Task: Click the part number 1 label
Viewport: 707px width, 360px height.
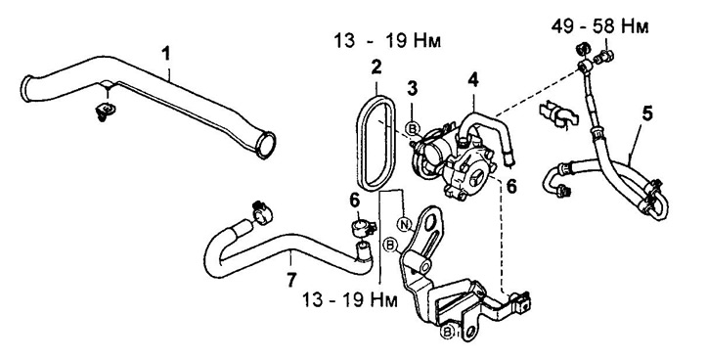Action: click(167, 54)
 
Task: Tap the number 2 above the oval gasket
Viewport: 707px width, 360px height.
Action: click(376, 67)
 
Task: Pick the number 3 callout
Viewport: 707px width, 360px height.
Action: click(412, 89)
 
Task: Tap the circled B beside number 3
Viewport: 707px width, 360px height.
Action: click(412, 129)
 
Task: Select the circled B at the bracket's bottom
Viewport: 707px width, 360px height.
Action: click(447, 332)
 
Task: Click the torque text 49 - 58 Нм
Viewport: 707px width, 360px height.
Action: click(599, 27)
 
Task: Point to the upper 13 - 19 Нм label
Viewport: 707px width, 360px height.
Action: click(387, 41)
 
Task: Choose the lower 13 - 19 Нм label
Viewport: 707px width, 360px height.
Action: click(350, 300)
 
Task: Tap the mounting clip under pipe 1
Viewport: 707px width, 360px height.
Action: click(106, 112)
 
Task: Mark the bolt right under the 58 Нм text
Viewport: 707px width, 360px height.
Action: click(605, 57)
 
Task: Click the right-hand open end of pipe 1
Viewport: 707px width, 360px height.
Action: click(266, 145)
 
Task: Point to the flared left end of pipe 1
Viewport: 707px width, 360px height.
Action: click(26, 89)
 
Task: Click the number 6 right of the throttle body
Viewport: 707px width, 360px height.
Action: click(510, 186)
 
